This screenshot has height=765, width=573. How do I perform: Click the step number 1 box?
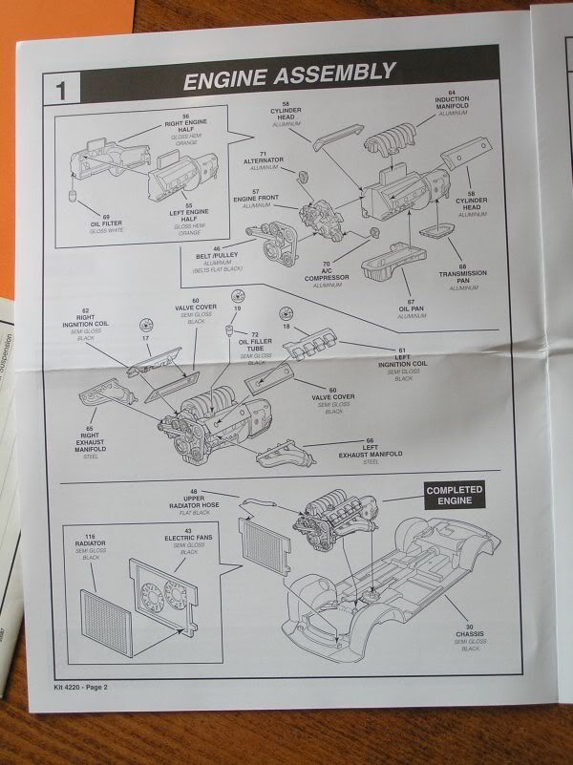(x=61, y=91)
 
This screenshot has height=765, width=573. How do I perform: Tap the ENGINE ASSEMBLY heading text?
(x=287, y=73)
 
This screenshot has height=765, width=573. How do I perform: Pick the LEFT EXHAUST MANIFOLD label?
(x=371, y=452)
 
